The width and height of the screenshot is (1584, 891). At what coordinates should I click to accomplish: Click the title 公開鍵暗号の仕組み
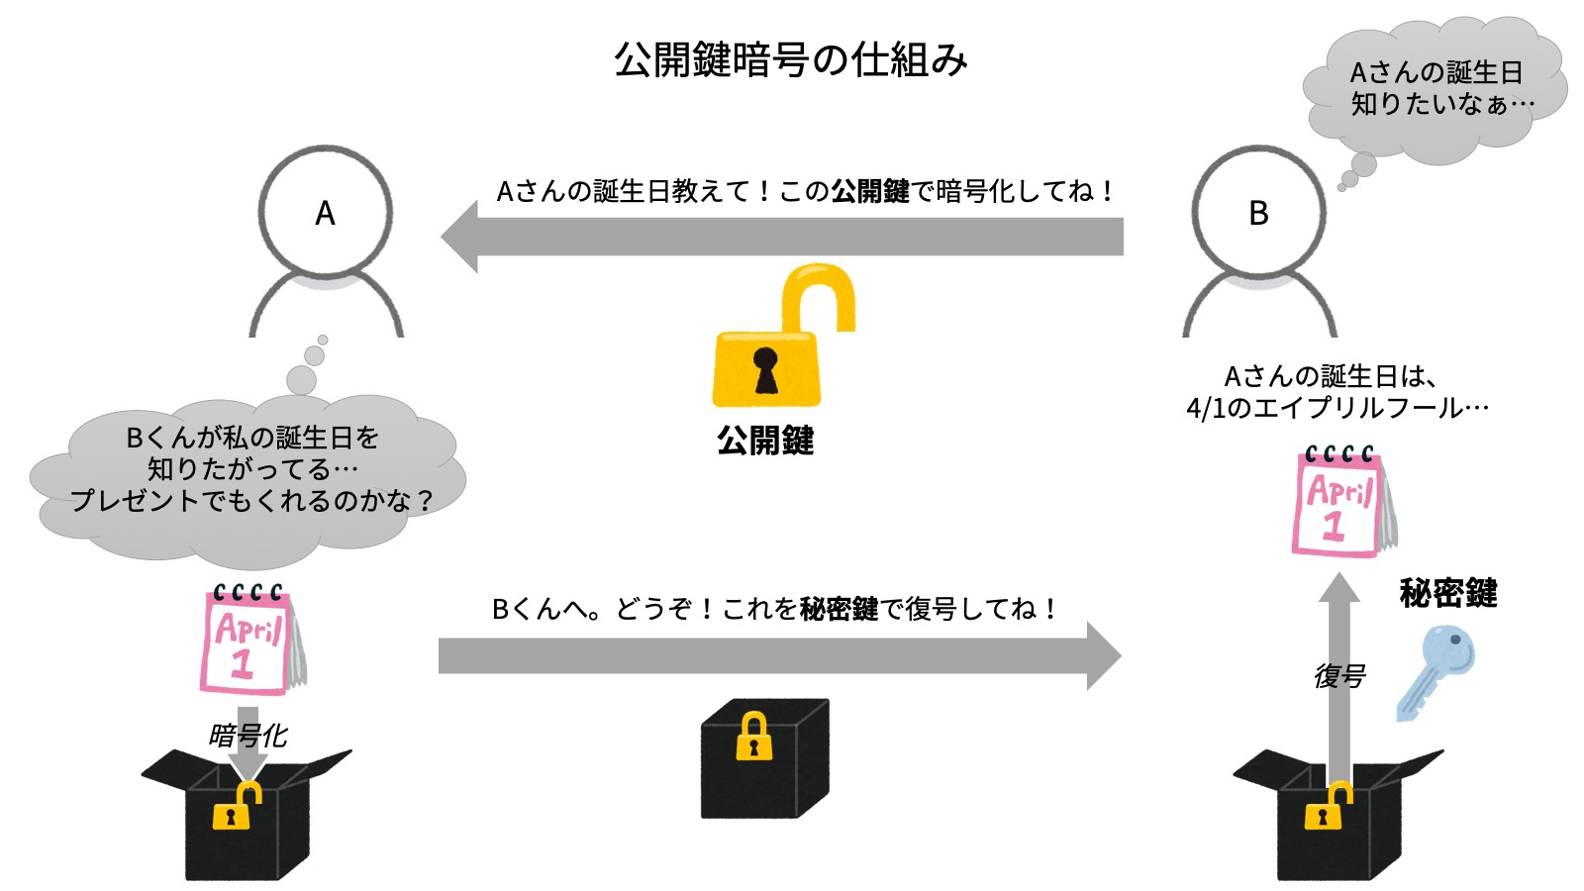pyautogui.click(x=790, y=60)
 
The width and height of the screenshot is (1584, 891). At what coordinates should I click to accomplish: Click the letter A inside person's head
pyautogui.click(x=325, y=213)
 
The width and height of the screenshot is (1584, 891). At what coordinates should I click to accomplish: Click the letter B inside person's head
pyautogui.click(x=1258, y=213)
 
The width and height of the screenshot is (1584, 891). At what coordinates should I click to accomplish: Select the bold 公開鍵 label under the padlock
pyautogui.click(x=765, y=441)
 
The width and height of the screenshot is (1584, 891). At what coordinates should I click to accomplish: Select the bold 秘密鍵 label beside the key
pyautogui.click(x=1447, y=593)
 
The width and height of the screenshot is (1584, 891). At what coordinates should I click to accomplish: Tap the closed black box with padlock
pyautogui.click(x=763, y=759)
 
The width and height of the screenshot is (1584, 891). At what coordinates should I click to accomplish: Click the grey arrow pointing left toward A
pyautogui.click(x=782, y=237)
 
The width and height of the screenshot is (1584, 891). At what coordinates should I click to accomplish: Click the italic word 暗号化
pyautogui.click(x=247, y=735)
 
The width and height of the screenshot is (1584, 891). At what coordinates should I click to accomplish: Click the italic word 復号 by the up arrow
pyautogui.click(x=1338, y=676)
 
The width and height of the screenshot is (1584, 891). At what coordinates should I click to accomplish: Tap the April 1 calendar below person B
pyautogui.click(x=1341, y=503)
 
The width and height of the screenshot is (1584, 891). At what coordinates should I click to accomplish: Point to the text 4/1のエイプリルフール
pyautogui.click(x=1336, y=408)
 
